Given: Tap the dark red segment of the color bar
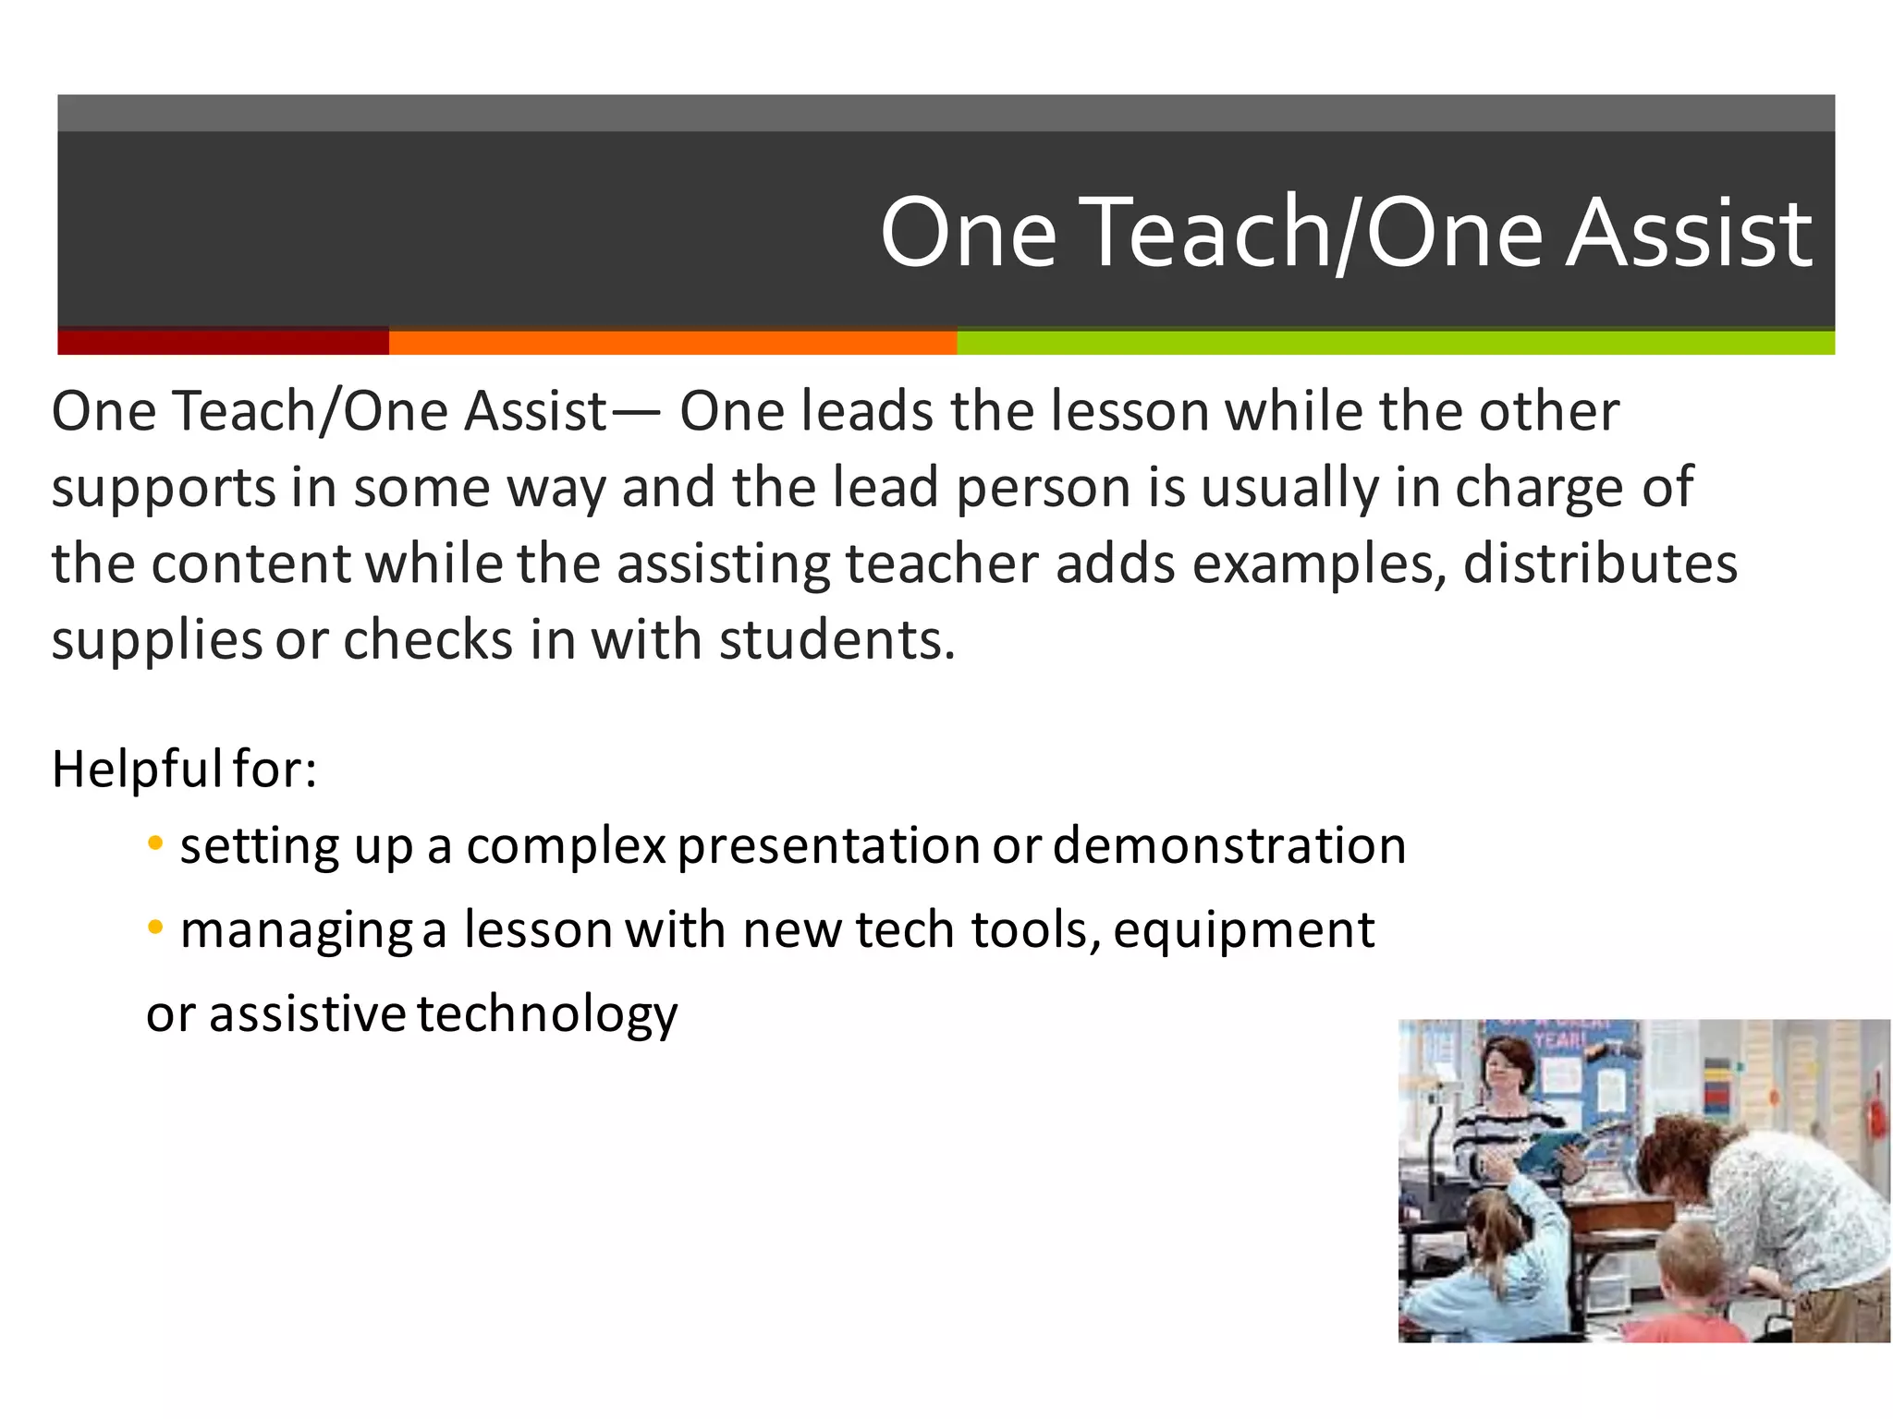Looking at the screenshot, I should point(223,342).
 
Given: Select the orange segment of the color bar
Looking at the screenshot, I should point(672,342).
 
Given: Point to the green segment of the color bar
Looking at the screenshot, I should point(1395,342).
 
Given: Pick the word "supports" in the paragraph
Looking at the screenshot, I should point(163,489).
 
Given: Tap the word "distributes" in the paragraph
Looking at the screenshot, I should point(1599,564).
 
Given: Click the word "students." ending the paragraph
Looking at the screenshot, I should point(837,640).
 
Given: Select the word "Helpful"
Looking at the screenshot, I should point(136,769).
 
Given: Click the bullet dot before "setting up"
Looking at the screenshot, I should point(155,843).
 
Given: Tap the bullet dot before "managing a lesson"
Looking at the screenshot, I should point(155,927).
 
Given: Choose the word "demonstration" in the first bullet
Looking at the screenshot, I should point(1228,845).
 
